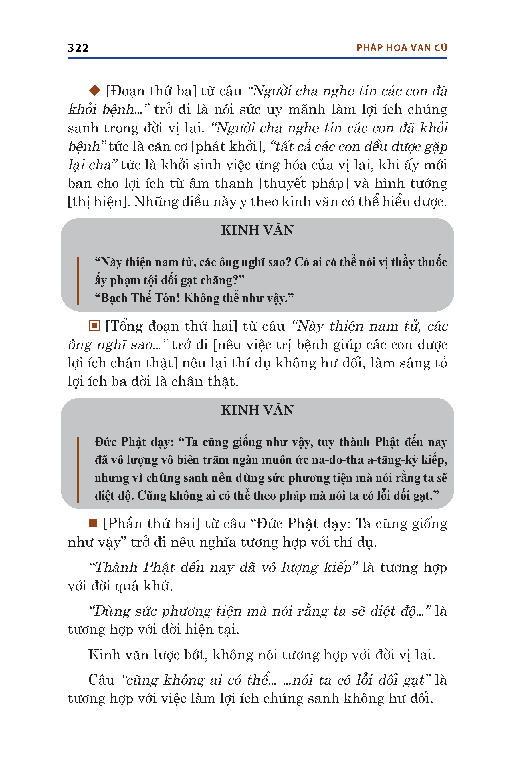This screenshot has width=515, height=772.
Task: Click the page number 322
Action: [x=78, y=48]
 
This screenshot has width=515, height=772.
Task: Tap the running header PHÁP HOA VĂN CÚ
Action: [x=402, y=48]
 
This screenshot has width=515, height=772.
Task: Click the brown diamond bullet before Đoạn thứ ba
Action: [x=95, y=90]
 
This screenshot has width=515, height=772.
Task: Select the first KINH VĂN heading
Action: [x=257, y=230]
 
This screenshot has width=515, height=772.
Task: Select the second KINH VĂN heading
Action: [x=257, y=410]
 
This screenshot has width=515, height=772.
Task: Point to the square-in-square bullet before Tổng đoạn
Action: [x=94, y=326]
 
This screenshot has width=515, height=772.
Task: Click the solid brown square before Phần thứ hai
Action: [x=93, y=523]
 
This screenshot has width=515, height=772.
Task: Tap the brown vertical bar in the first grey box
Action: [x=78, y=281]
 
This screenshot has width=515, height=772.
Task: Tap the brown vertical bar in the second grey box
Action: [x=78, y=469]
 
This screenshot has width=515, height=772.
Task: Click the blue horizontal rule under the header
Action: [x=257, y=58]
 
